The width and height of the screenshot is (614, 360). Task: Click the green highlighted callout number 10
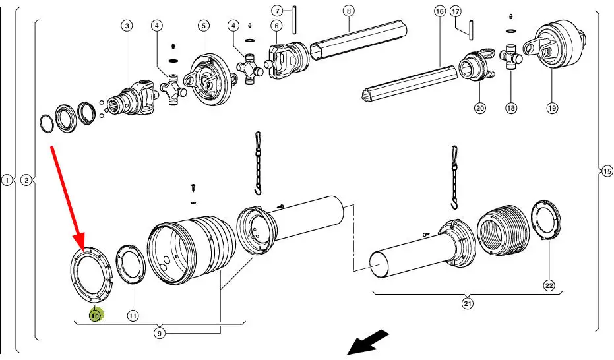pyautogui.click(x=95, y=316)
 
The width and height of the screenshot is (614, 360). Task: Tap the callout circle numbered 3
pyautogui.click(x=127, y=26)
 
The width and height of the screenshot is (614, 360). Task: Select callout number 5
pyautogui.click(x=204, y=26)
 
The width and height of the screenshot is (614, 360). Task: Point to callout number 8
pyautogui.click(x=348, y=11)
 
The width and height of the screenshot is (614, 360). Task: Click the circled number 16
pyautogui.click(x=440, y=11)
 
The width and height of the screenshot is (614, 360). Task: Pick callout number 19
pyautogui.click(x=552, y=107)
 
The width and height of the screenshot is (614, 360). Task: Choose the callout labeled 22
pyautogui.click(x=549, y=285)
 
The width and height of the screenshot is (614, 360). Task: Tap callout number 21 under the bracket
pyautogui.click(x=468, y=303)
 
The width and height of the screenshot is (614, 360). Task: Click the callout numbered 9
pyautogui.click(x=160, y=333)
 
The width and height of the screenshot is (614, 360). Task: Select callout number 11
pyautogui.click(x=133, y=316)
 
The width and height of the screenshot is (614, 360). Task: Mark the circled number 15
pyautogui.click(x=607, y=171)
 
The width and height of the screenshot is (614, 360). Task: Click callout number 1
pyautogui.click(x=7, y=180)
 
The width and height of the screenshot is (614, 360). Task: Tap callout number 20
pyautogui.click(x=479, y=107)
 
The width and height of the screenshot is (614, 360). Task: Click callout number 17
pyautogui.click(x=456, y=11)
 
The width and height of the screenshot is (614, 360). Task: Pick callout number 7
pyautogui.click(x=277, y=11)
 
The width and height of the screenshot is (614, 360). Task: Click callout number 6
pyautogui.click(x=276, y=26)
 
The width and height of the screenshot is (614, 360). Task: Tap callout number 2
pyautogui.click(x=26, y=180)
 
